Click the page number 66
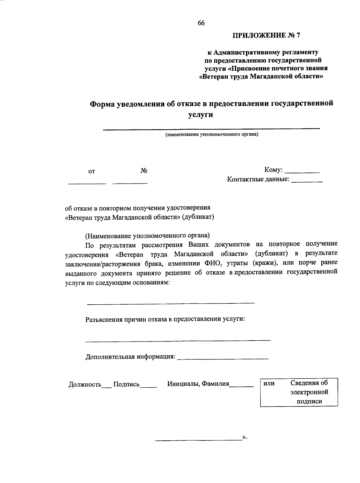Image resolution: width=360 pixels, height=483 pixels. click(201, 23)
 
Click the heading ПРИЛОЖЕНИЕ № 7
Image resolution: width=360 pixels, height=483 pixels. click(266, 36)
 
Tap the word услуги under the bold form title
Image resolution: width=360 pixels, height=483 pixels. click(201, 115)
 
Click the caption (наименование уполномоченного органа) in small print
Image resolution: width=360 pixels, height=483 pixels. click(211, 134)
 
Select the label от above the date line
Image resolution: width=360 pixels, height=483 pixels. click(91, 171)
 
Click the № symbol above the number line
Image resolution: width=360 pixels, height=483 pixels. click(144, 171)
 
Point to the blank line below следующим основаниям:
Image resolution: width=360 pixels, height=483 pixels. click(171, 303)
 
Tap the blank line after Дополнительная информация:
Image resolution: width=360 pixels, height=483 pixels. click(223, 359)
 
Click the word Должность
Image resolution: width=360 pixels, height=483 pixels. click(85, 384)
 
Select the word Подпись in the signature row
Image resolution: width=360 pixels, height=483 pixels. click(126, 384)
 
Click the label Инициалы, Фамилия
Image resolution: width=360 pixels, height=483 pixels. click(198, 384)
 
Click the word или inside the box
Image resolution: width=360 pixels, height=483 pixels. click(269, 383)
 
